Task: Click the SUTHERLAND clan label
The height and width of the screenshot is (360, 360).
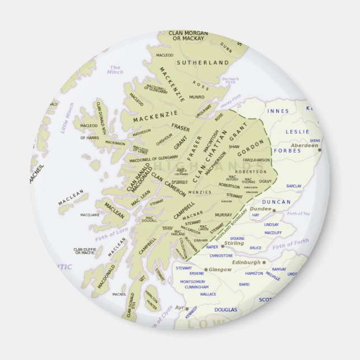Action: click(203, 63)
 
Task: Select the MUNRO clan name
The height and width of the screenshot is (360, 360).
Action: click(197, 97)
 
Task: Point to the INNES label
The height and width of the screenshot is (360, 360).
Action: click(278, 111)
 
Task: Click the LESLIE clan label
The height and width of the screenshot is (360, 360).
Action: click(297, 132)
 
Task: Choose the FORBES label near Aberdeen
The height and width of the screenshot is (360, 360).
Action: click(288, 150)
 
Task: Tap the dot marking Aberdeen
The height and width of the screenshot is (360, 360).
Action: click(319, 149)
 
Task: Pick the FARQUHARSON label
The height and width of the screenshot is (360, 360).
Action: click(257, 160)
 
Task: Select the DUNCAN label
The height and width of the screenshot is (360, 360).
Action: click(277, 202)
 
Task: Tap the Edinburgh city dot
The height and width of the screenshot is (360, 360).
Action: click(264, 262)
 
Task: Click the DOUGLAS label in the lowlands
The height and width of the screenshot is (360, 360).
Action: click(226, 309)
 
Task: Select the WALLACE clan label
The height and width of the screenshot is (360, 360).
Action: click(208, 294)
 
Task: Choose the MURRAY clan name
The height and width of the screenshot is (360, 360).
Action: click(223, 215)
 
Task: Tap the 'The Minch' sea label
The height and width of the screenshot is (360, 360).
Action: click(115, 70)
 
